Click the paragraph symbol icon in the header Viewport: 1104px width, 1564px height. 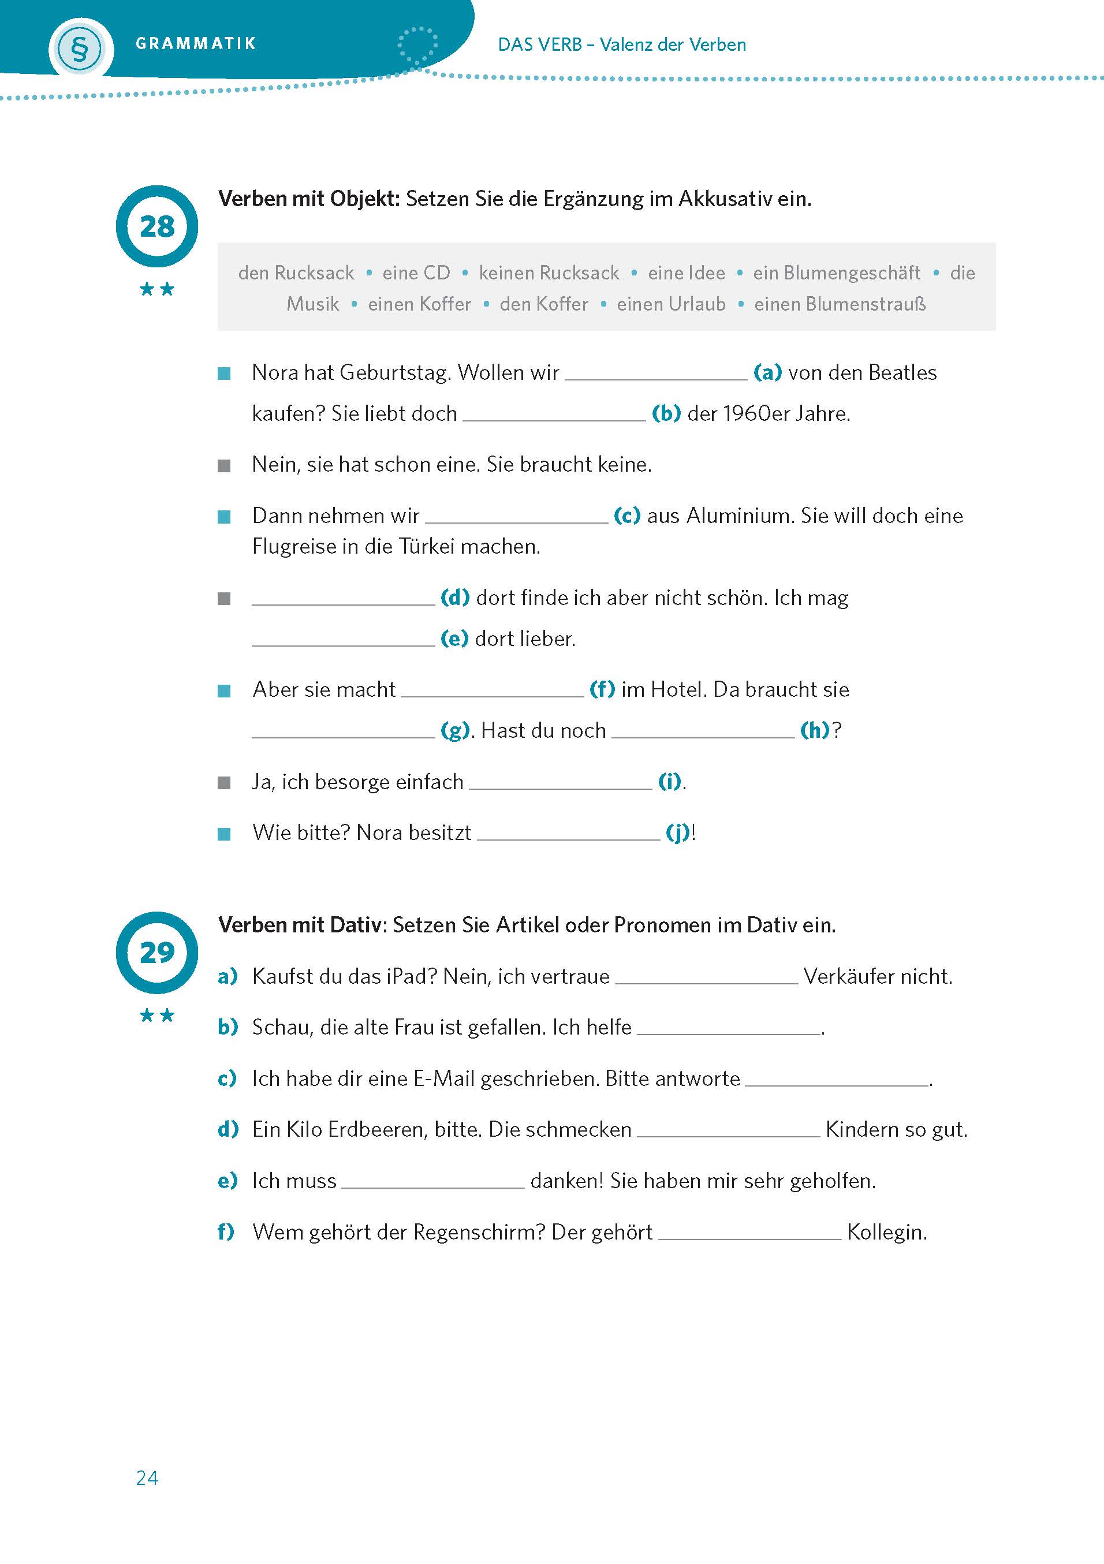(80, 49)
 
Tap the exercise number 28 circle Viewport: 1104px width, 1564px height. (156, 226)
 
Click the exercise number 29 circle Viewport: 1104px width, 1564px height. (156, 951)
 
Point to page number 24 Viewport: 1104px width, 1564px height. (147, 1477)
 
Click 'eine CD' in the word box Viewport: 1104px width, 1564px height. (416, 273)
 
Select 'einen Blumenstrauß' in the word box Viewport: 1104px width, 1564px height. (840, 304)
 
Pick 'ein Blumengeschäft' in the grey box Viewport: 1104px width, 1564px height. (836, 273)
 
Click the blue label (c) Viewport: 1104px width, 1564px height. (626, 515)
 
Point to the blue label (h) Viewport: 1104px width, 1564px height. (814, 730)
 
